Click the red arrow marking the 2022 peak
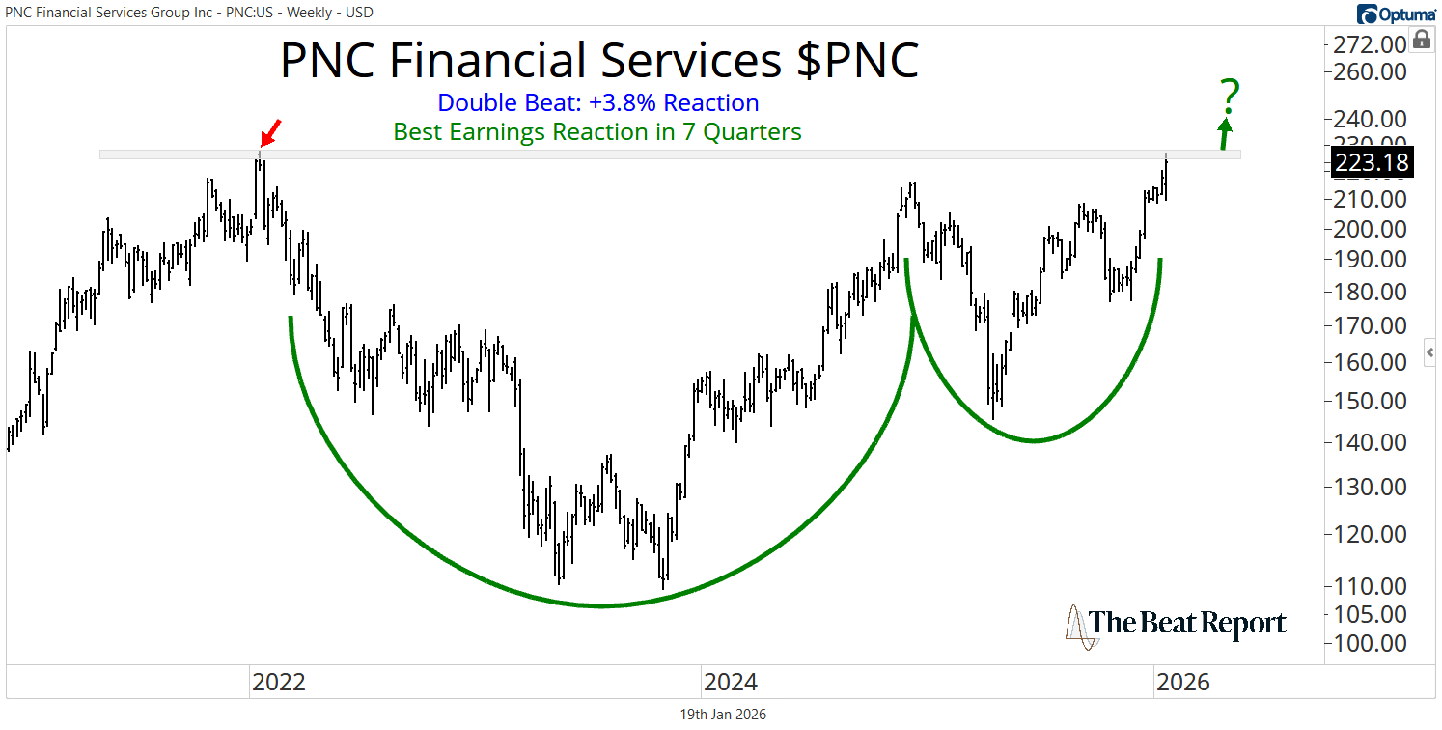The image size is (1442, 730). [x=273, y=129]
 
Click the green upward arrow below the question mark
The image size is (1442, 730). [x=1226, y=133]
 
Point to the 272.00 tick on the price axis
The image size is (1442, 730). [x=1372, y=43]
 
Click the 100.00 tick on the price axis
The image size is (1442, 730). [x=1372, y=643]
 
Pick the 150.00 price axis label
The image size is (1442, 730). [x=1372, y=401]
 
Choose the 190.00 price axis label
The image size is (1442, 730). [x=1372, y=259]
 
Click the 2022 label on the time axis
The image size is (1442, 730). [x=278, y=683]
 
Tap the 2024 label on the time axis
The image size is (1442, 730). [x=731, y=683]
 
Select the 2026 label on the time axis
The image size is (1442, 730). [x=1182, y=683]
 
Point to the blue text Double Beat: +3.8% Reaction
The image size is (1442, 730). [x=597, y=103]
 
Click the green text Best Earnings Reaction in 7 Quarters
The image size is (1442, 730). [x=597, y=132]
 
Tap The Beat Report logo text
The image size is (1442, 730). [x=1187, y=624]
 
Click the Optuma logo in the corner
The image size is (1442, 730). [x=1396, y=14]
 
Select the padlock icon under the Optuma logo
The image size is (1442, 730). [x=1422, y=40]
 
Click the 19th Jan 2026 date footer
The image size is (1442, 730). [x=723, y=715]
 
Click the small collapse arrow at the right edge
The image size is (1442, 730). [x=1430, y=352]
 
